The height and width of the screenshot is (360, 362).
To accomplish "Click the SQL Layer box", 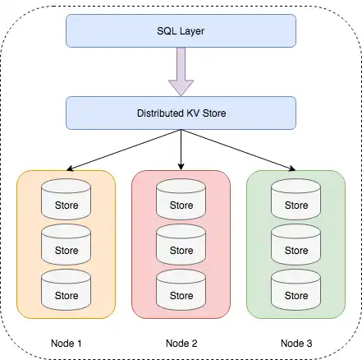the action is click(181, 30).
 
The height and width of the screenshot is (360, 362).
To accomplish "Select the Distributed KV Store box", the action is click(181, 113).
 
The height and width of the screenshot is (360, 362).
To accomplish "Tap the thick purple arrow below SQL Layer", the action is click(181, 72).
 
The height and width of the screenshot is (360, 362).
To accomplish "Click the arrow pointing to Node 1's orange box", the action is click(124, 150).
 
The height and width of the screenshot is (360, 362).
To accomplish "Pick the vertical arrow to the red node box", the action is click(181, 150).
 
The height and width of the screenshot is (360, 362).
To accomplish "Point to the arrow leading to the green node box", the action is click(238, 150).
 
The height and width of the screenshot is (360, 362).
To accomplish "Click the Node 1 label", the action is click(66, 344).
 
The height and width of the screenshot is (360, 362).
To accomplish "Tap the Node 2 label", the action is click(181, 344).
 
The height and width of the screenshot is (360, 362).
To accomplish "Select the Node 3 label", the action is click(296, 344).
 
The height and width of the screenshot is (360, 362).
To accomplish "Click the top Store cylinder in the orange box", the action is click(66, 199).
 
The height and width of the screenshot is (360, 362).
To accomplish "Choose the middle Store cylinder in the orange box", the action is click(66, 244).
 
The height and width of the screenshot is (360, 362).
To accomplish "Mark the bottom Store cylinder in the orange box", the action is click(66, 290).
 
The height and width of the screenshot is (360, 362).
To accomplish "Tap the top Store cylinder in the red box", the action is click(181, 199).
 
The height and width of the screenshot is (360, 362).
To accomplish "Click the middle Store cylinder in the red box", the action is click(181, 244).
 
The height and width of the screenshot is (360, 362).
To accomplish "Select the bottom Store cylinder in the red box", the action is click(181, 290).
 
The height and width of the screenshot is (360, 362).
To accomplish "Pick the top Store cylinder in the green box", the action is click(296, 199).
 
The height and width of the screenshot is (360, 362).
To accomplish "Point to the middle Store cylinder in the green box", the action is click(296, 244).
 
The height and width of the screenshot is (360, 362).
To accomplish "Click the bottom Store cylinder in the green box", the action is click(296, 290).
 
